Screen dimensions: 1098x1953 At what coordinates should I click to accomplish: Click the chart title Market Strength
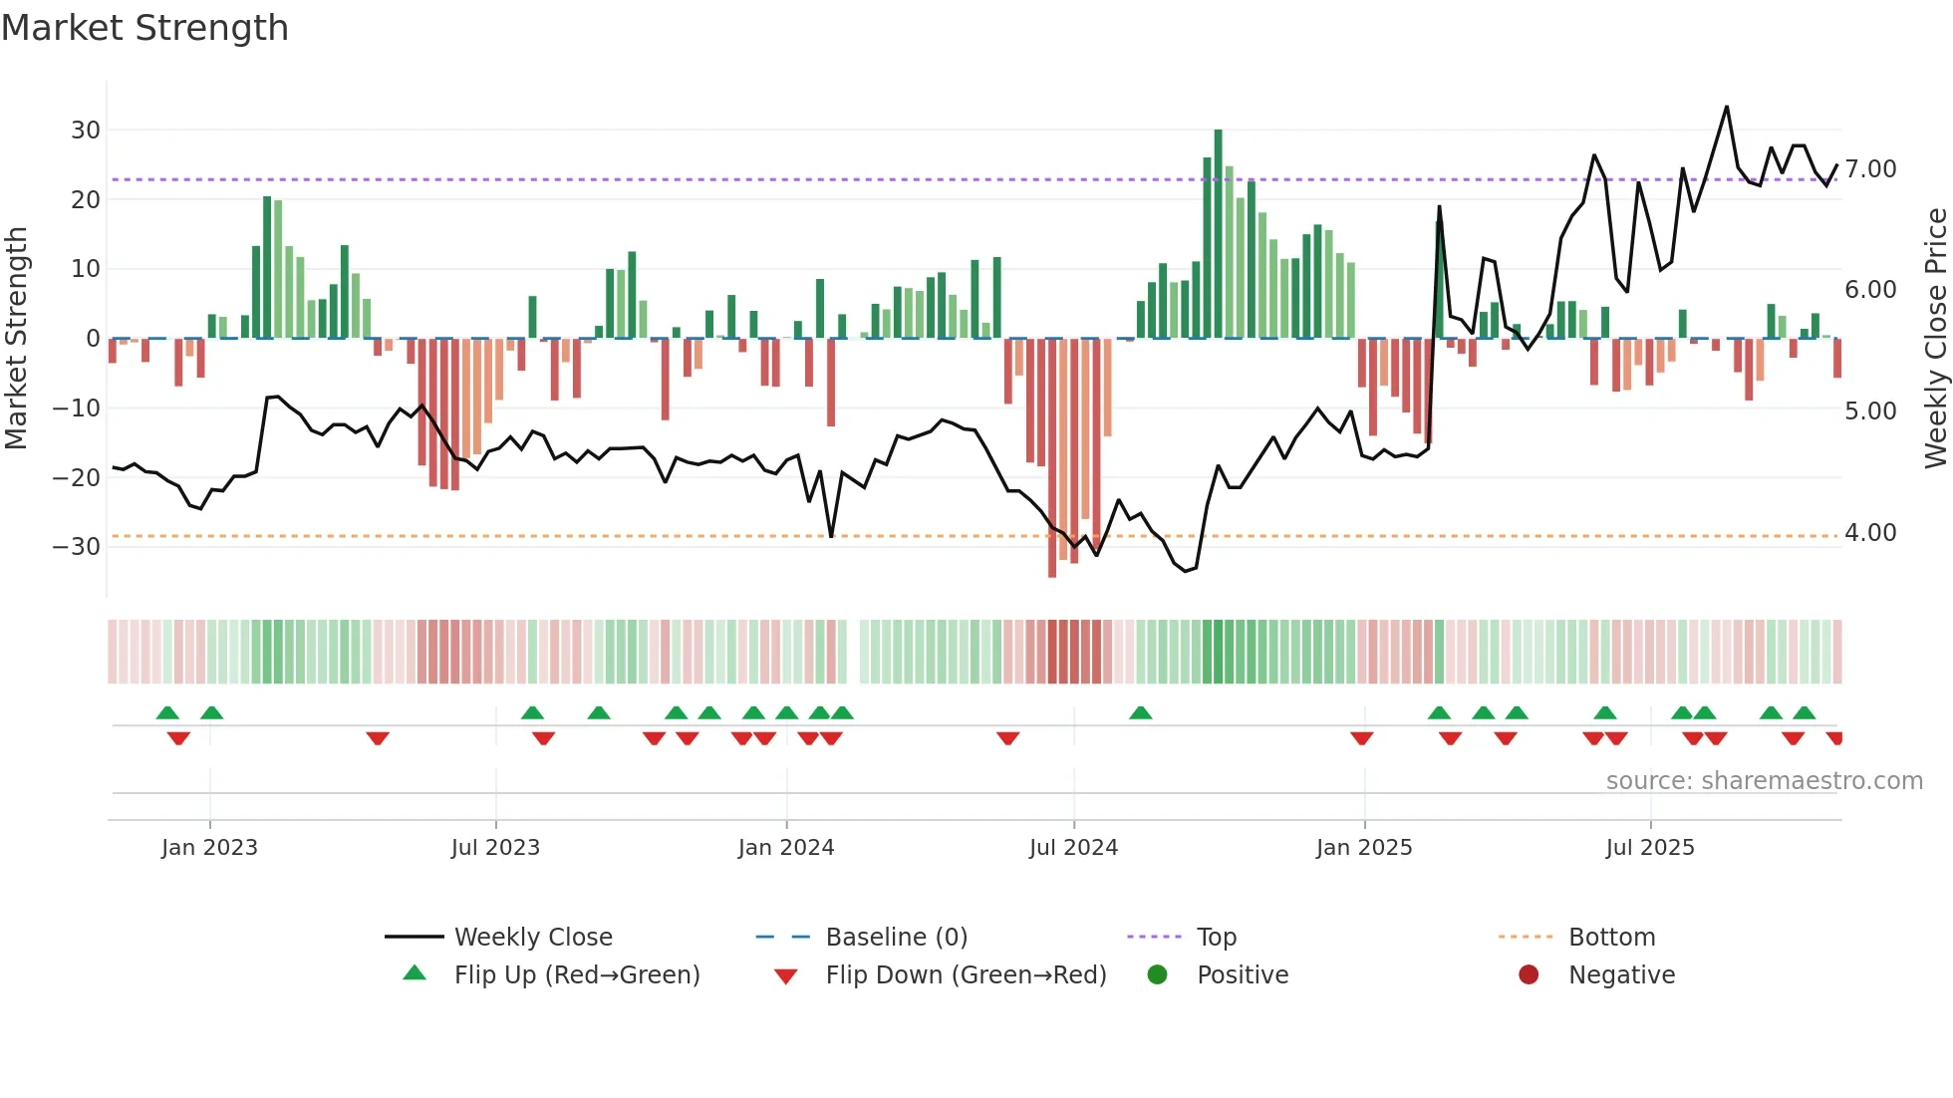(x=144, y=28)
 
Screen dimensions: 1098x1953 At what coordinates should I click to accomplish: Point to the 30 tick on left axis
(x=86, y=131)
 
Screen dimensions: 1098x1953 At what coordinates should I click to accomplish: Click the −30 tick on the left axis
(x=77, y=547)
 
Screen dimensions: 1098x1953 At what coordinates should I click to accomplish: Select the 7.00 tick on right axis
(x=1870, y=169)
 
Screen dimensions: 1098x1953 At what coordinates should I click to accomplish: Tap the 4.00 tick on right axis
(x=1870, y=533)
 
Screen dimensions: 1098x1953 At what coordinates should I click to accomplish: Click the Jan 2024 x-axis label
(x=785, y=848)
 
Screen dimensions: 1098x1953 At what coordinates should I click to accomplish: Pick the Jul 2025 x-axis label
(x=1649, y=848)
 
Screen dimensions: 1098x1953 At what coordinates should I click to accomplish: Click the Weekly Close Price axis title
(x=1935, y=339)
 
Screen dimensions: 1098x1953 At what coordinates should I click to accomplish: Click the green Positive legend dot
(x=1157, y=975)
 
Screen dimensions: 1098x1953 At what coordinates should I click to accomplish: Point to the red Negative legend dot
(x=1529, y=975)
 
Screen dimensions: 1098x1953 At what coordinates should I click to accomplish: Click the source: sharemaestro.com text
(x=1764, y=781)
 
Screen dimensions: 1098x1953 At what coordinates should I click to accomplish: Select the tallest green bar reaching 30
(x=1218, y=234)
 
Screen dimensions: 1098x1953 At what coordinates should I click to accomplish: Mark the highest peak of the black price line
(x=1727, y=108)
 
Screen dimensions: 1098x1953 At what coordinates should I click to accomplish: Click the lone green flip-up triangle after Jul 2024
(x=1141, y=712)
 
